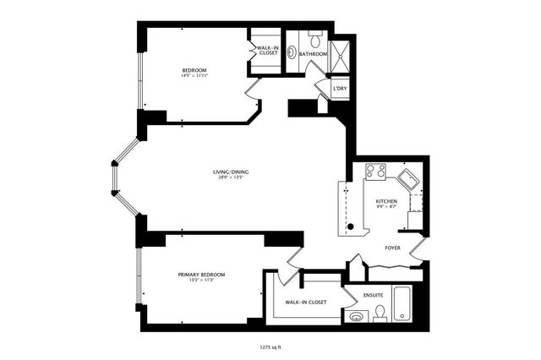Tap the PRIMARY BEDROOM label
[200, 275]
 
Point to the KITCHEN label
[386, 201]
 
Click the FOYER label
[392, 248]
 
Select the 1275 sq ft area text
[270, 346]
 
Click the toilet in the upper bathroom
[314, 37]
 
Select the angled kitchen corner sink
[408, 178]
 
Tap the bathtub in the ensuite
[402, 306]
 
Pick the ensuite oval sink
[357, 317]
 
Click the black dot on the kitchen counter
[350, 226]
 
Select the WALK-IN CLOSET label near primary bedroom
[305, 302]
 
